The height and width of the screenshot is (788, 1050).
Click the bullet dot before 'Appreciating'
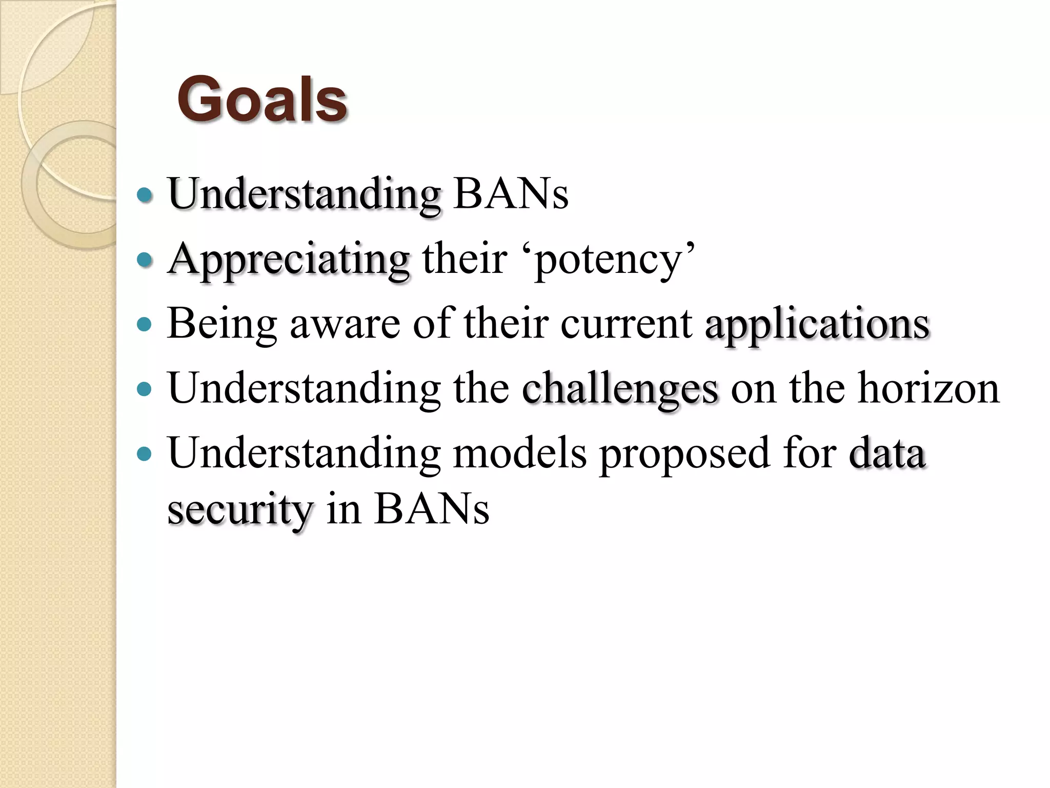(146, 260)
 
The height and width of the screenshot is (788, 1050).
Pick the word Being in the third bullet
(222, 324)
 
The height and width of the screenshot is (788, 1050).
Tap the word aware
(345, 324)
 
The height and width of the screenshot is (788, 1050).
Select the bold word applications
(817, 325)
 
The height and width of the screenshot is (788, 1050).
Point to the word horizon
(928, 388)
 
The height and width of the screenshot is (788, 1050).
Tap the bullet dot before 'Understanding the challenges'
(146, 389)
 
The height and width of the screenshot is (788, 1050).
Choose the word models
(519, 453)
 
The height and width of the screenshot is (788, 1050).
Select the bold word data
(887, 453)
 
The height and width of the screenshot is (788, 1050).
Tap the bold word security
(240, 511)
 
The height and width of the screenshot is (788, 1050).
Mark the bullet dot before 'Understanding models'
(146, 454)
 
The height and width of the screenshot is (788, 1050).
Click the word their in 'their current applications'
(506, 324)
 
